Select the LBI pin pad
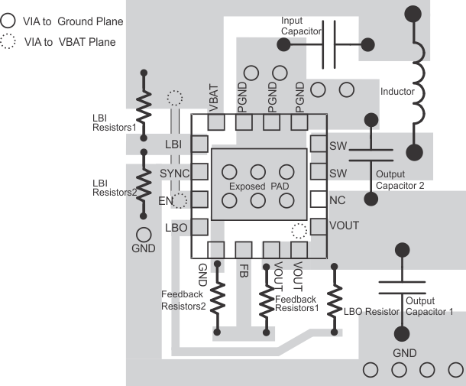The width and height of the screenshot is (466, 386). coord(199,144)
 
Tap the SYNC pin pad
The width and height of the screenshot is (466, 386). coord(199,172)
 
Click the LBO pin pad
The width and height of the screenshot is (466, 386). coord(199,226)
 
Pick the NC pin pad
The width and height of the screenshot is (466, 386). coord(317,200)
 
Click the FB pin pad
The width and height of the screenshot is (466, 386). coord(244,249)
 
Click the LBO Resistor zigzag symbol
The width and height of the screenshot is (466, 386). coord(335,300)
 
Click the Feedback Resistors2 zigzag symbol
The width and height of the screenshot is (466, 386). coord(218,298)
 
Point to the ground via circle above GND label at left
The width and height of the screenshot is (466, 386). coord(143,234)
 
